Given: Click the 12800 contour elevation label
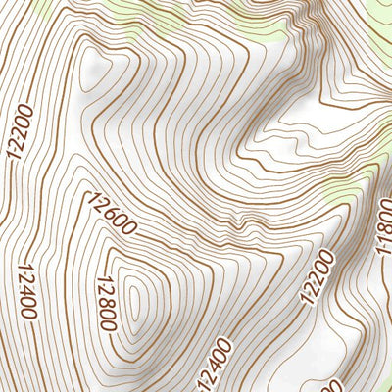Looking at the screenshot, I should tap(107, 304).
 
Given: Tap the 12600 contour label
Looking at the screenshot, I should tap(111, 215).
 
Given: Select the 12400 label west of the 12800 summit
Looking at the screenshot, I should tap(26, 290).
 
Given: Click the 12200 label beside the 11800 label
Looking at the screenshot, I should tap(318, 277).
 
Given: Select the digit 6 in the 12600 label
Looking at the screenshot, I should tap(110, 214).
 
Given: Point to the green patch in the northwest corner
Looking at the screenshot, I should tap(15, 8).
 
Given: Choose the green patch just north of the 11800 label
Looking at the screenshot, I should tap(343, 191).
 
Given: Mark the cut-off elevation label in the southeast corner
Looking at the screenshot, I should tap(334, 385).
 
